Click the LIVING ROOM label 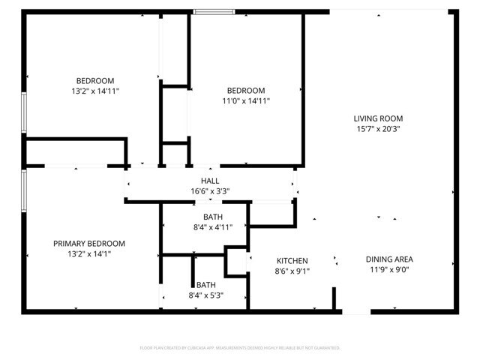(378, 118)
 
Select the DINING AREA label (389, 259)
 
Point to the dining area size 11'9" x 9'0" (389, 271)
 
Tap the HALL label (210, 181)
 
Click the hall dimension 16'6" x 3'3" (210, 191)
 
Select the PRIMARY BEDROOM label (88, 244)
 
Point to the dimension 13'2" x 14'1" (88, 255)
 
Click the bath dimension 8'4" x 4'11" (214, 228)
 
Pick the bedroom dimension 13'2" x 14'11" (94, 91)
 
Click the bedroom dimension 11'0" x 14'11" (245, 101)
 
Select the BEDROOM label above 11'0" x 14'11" (245, 91)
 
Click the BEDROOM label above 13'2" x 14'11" (94, 81)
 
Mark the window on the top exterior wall (214, 11)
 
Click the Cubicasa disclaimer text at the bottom (240, 348)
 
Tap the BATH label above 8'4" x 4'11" (214, 217)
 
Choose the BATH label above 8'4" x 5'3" (205, 285)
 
